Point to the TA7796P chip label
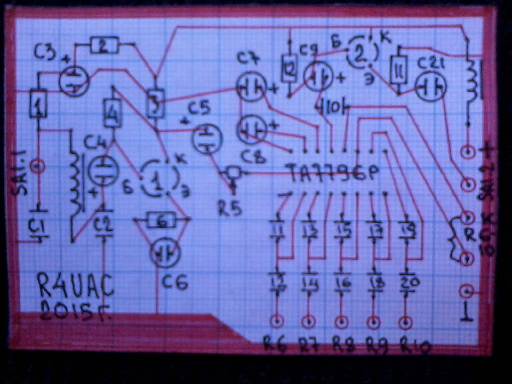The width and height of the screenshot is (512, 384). (333, 173)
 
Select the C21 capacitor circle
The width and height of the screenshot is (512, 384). (430, 87)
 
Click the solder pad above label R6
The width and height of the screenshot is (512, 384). (276, 321)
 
